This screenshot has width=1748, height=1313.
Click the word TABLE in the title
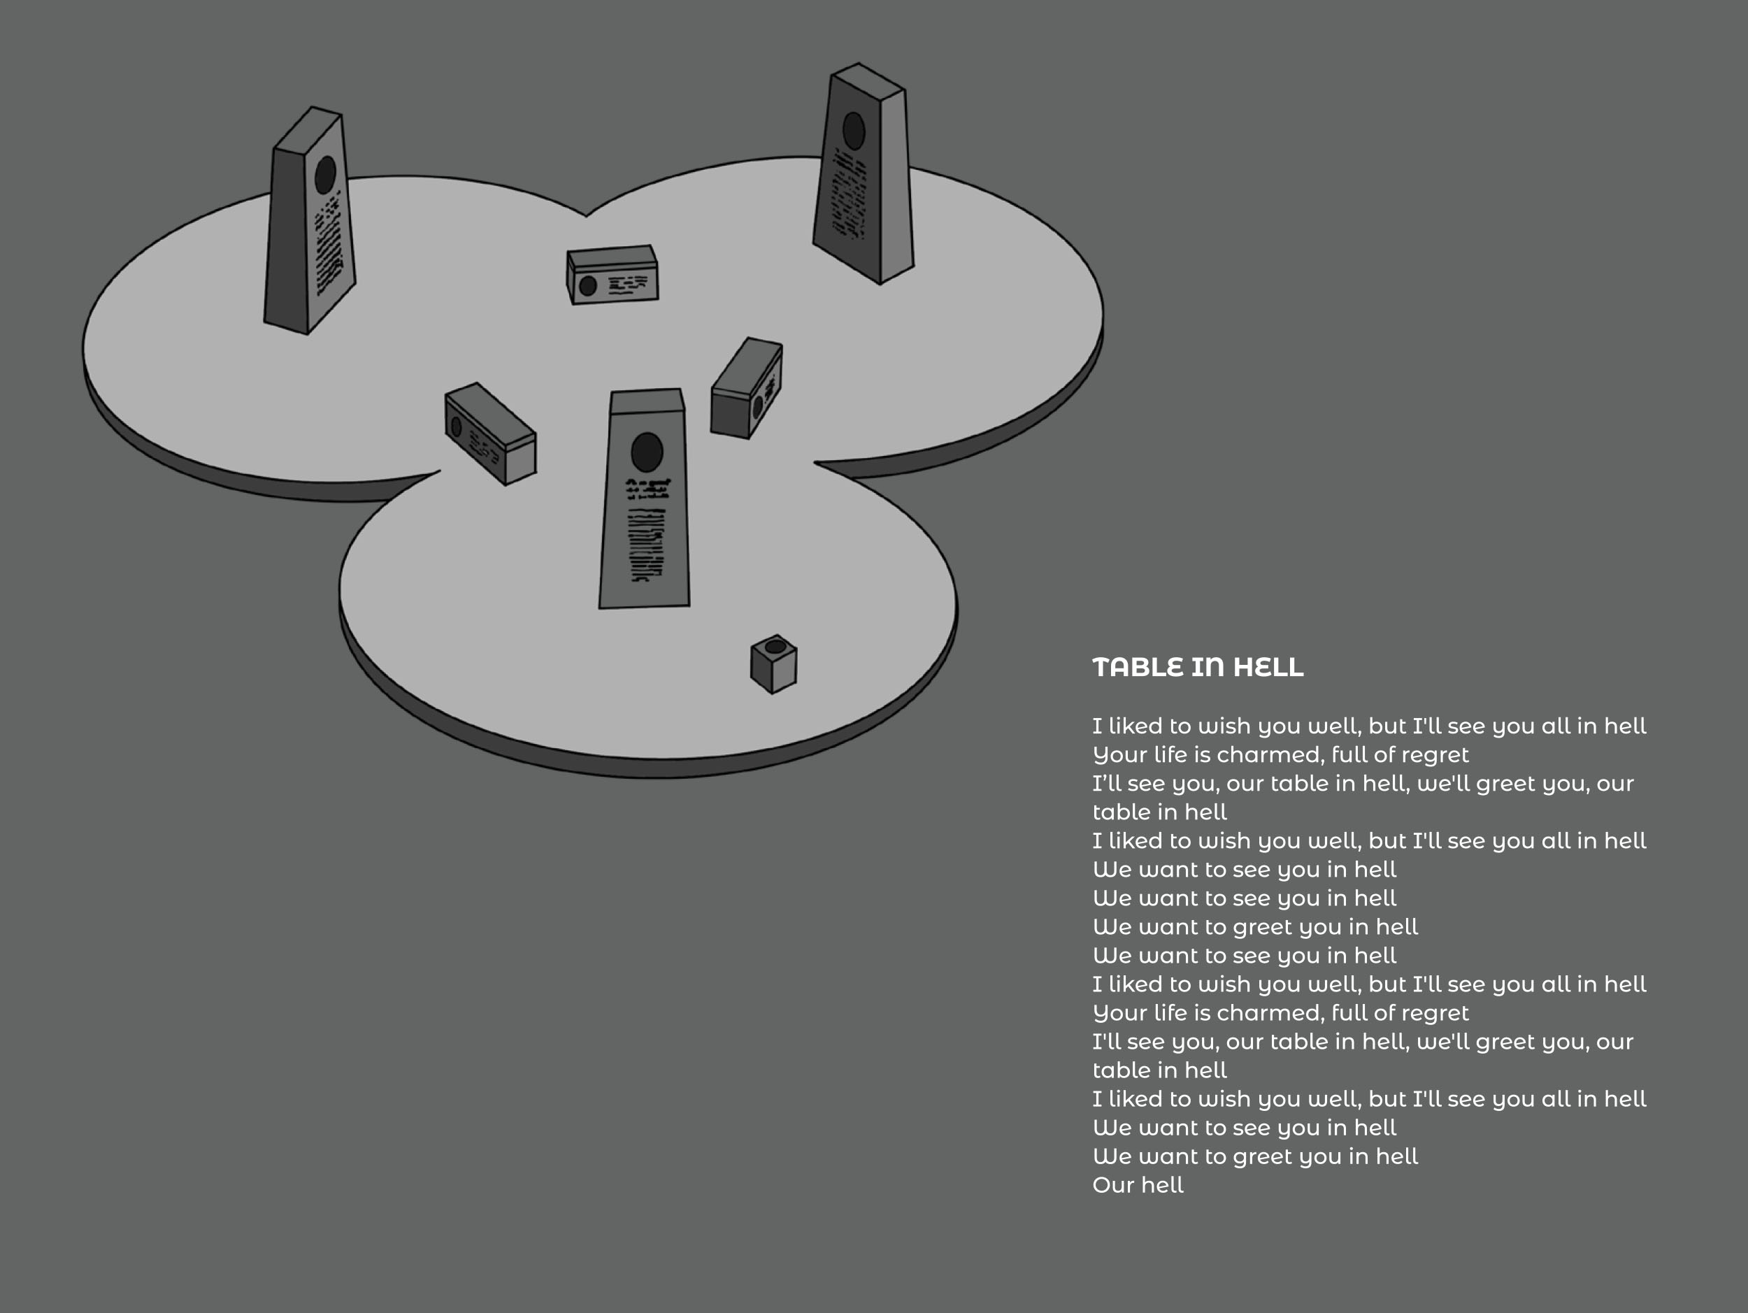pos(1137,668)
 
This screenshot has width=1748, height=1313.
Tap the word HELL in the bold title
pos(1268,668)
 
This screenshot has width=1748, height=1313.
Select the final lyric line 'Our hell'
pos(1138,1185)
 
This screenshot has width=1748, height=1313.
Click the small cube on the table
pos(773,664)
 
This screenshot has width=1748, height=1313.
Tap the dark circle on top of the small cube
pos(776,647)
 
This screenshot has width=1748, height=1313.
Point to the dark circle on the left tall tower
pos(326,175)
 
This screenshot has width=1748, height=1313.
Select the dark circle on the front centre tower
pos(647,452)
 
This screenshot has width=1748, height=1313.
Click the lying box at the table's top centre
pos(612,275)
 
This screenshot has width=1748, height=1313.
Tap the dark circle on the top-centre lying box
pos(588,286)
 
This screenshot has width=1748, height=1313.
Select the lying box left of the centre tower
pos(491,433)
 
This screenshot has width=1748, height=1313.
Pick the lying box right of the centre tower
pos(747,388)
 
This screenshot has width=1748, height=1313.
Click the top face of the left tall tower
pos(308,128)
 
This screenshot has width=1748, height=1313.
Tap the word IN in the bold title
pos(1208,668)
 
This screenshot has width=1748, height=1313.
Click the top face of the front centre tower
pos(647,401)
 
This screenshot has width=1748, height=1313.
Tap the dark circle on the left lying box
pos(456,427)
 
